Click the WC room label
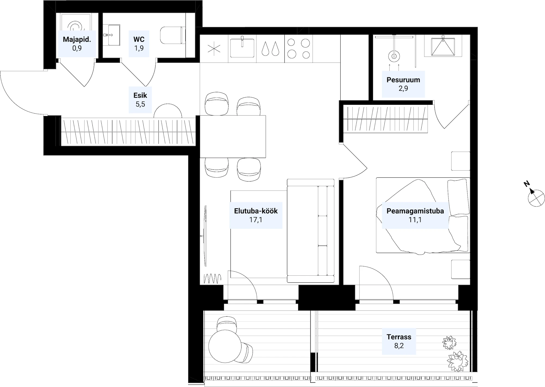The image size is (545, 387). pyautogui.click(x=139, y=39)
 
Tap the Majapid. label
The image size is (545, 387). pyautogui.click(x=77, y=39)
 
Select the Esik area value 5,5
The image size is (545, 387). pyautogui.click(x=140, y=104)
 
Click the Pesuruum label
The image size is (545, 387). pyautogui.click(x=403, y=80)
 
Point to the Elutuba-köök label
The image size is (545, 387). pyautogui.click(x=256, y=211)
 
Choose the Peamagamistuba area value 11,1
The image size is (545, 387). pyautogui.click(x=415, y=220)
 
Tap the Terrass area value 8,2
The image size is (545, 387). pyautogui.click(x=399, y=346)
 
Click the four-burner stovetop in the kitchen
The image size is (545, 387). pyautogui.click(x=299, y=49)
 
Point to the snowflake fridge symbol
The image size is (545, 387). pyautogui.click(x=214, y=49)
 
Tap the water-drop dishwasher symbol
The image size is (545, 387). pyautogui.click(x=270, y=49)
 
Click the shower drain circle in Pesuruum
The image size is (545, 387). pyautogui.click(x=394, y=56)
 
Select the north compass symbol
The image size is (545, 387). pyautogui.click(x=536, y=198)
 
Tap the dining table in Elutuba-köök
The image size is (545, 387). pyautogui.click(x=233, y=136)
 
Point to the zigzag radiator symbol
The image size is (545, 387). pyautogui.click(x=213, y=278)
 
